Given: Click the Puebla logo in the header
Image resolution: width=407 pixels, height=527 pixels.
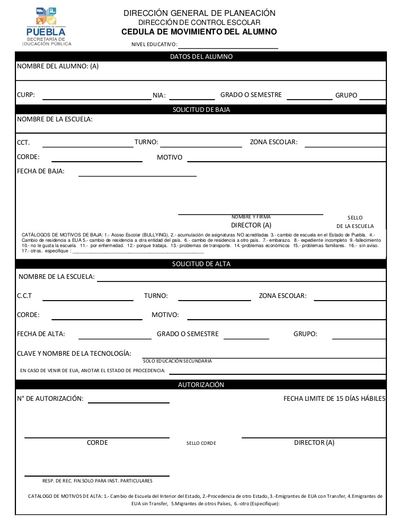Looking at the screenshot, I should click(47, 27).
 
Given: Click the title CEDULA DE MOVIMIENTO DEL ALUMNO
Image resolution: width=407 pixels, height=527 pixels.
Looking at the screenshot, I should click(199, 32).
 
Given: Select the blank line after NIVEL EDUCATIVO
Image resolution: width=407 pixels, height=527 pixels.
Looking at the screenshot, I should click(228, 48).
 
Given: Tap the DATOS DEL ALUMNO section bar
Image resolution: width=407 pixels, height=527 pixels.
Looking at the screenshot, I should click(201, 56).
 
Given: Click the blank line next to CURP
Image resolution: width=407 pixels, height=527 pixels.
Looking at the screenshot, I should click(97, 99).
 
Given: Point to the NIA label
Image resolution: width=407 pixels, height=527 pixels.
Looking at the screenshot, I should click(159, 96).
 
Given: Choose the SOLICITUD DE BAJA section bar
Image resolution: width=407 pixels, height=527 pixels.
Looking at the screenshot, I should click(201, 110).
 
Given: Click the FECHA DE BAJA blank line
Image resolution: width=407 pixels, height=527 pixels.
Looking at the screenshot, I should click(137, 175).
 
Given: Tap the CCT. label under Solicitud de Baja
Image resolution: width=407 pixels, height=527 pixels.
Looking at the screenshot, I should click(23, 143).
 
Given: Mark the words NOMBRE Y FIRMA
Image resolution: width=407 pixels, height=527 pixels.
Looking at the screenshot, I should click(251, 217).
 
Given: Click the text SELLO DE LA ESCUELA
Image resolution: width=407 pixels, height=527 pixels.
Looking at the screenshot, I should click(355, 222).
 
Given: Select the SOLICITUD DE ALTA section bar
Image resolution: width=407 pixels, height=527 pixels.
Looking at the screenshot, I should click(201, 263).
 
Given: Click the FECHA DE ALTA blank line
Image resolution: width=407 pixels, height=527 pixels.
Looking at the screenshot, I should click(115, 338).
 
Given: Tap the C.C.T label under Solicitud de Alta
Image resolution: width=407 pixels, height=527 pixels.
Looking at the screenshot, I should click(24, 296).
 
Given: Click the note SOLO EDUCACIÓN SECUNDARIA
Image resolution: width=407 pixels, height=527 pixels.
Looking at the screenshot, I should click(177, 361).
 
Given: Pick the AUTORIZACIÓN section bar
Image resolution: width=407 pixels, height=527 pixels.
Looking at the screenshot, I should click(201, 384).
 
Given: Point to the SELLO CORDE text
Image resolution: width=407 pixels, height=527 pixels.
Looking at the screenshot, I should click(201, 443).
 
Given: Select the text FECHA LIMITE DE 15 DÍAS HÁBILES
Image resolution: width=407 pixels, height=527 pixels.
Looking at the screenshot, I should click(334, 399).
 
